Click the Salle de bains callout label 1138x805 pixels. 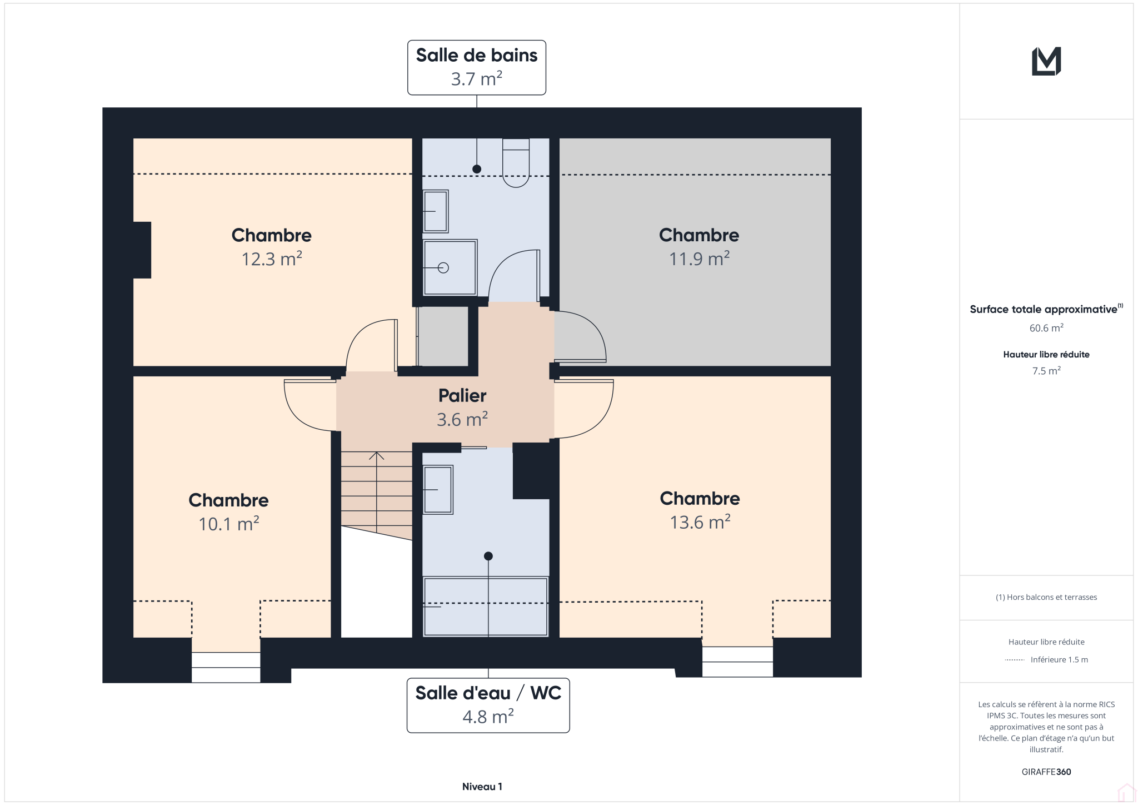pyautogui.click(x=477, y=67)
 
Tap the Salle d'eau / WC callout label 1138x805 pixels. pyautogui.click(x=488, y=705)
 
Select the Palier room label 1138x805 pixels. pyautogui.click(x=462, y=395)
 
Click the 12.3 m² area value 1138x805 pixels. pyautogui.click(x=272, y=259)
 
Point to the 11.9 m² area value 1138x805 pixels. pyautogui.click(x=699, y=259)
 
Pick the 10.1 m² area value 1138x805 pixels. pyautogui.click(x=229, y=524)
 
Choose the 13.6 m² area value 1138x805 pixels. pyautogui.click(x=700, y=522)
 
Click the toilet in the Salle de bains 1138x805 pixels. pyautogui.click(x=516, y=162)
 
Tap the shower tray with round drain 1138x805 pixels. pyautogui.click(x=450, y=267)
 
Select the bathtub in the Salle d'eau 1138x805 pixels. pyautogui.click(x=486, y=607)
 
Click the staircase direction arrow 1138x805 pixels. pyautogui.click(x=377, y=493)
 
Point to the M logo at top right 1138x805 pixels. pyautogui.click(x=1046, y=61)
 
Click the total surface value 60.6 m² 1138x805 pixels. pyautogui.click(x=1046, y=328)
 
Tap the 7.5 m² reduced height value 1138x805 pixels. pyautogui.click(x=1046, y=371)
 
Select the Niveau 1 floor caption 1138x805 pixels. pyautogui.click(x=482, y=787)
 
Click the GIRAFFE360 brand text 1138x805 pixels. pyautogui.click(x=1046, y=772)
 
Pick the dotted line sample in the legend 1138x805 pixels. pyautogui.click(x=1015, y=660)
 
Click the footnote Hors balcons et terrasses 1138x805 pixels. pyautogui.click(x=1046, y=597)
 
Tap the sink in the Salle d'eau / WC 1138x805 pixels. pyautogui.click(x=438, y=490)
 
